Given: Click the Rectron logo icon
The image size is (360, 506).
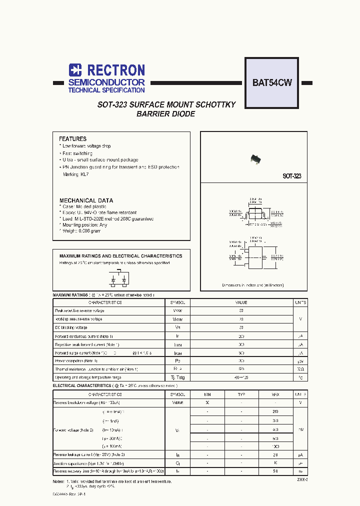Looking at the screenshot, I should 75,70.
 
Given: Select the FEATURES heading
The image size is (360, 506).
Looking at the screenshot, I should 72,139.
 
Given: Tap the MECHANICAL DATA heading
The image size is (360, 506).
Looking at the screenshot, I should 86,200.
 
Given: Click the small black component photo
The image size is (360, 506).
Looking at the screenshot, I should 256,159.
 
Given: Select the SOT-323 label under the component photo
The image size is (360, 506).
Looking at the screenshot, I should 291,176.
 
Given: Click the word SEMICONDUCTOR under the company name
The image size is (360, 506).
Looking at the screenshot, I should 106,82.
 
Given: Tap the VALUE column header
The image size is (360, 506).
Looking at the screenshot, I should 241,303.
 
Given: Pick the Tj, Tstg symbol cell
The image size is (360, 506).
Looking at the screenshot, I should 177,377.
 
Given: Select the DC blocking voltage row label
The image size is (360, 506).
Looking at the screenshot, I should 72,327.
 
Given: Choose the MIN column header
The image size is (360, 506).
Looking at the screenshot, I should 207,394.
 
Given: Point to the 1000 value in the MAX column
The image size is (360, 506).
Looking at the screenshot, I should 275,446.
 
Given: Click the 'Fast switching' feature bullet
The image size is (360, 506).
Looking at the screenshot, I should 77,153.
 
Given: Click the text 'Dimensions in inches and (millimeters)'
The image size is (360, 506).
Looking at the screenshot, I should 252,285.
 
